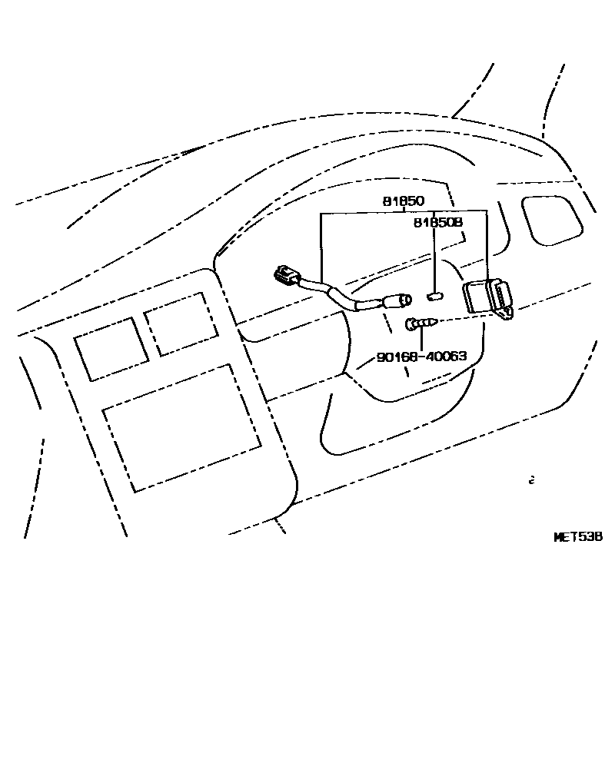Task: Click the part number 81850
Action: (x=403, y=201)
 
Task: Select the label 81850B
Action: (x=437, y=222)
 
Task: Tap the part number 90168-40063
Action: (x=422, y=357)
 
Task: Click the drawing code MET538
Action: (x=578, y=537)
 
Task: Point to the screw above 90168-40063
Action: (x=421, y=323)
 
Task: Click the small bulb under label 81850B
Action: (x=435, y=296)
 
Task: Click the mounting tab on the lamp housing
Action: (x=506, y=314)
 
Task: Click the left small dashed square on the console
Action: (x=111, y=348)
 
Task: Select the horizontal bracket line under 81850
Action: (x=403, y=211)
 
